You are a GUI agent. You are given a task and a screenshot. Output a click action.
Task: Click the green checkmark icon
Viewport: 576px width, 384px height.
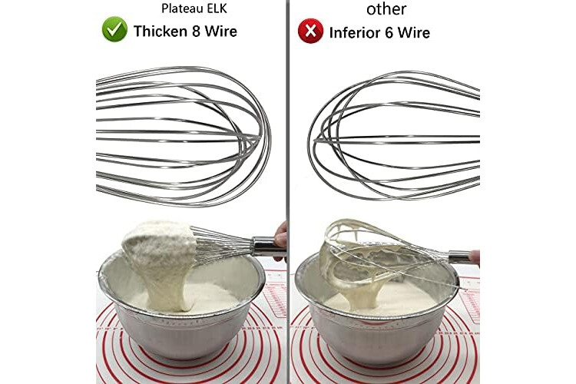[114, 29]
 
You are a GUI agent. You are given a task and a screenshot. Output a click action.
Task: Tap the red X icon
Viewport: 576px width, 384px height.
[310, 31]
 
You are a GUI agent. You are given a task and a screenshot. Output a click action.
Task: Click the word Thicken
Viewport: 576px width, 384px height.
[161, 31]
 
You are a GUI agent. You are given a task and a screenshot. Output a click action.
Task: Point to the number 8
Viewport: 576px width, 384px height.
[196, 31]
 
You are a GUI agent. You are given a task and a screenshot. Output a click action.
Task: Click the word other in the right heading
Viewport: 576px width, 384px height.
[386, 8]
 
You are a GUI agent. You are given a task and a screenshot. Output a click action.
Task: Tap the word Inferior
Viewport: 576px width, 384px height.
[355, 33]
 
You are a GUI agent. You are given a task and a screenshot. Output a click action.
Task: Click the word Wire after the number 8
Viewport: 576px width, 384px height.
[220, 31]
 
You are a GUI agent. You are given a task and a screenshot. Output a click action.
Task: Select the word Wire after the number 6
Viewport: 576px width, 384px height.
[414, 33]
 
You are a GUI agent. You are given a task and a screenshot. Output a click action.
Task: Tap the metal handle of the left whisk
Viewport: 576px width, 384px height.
[267, 247]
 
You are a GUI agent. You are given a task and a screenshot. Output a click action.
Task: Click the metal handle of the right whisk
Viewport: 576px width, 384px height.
[459, 257]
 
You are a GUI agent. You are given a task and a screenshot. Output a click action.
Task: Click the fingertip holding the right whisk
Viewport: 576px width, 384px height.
[475, 257]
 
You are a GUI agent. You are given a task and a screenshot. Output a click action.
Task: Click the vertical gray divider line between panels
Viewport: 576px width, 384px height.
[288, 192]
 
